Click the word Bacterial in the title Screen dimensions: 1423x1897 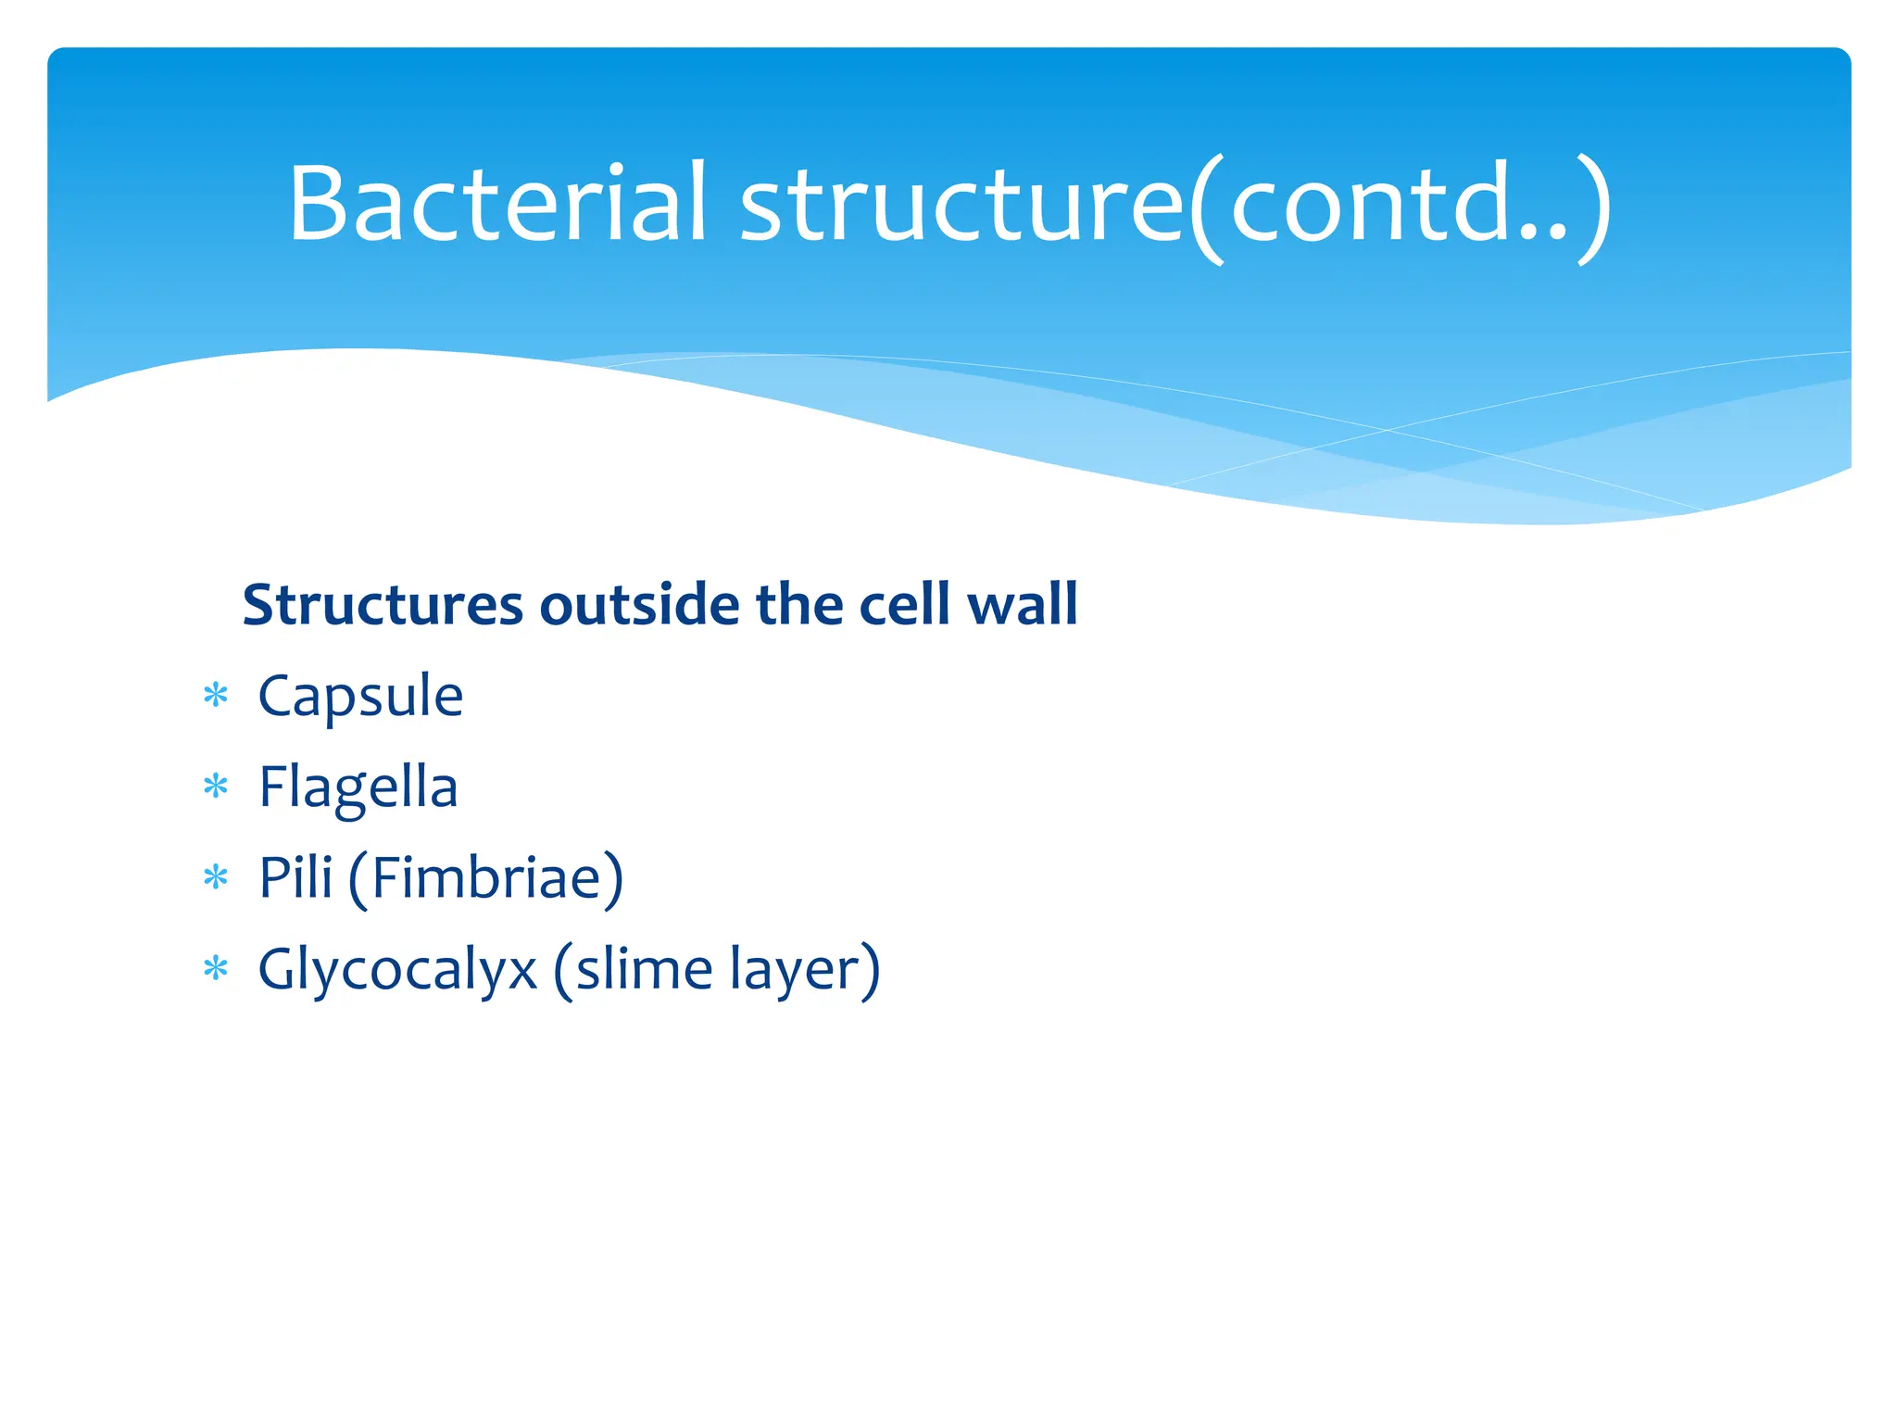498,204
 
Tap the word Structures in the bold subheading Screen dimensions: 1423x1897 383,605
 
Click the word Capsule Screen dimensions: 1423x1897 360,697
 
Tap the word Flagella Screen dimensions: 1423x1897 358,788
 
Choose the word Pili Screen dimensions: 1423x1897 295,877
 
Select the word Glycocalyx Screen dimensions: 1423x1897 397,971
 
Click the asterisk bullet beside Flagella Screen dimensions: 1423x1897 216,787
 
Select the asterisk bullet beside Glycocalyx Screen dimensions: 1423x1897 216,969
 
